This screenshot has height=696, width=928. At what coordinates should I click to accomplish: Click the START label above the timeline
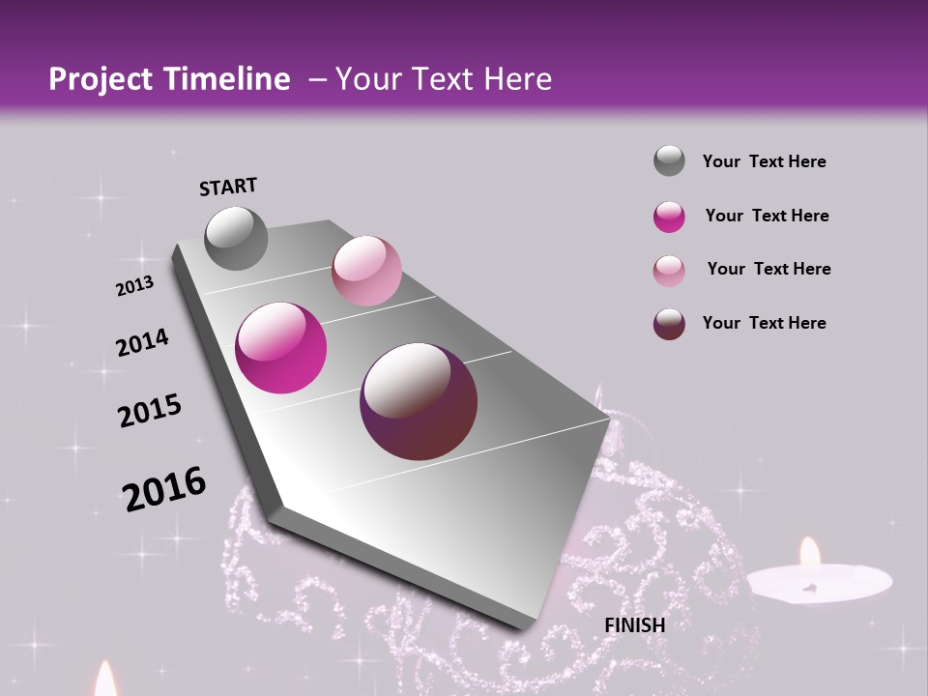228,187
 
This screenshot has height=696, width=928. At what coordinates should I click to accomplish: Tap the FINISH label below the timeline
634,625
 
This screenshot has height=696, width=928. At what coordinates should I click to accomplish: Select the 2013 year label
134,285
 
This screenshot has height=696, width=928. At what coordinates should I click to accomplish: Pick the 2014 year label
142,342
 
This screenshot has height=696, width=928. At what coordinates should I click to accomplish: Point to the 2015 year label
150,411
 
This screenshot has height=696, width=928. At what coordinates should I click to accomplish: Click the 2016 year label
164,489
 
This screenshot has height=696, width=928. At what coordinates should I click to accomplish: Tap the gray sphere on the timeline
236,238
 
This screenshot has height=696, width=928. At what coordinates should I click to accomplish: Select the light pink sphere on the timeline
366,271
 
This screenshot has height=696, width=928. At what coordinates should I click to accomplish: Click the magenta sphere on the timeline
281,348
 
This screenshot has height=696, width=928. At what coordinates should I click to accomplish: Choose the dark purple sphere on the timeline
419,401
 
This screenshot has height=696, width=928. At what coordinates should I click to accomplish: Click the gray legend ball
669,160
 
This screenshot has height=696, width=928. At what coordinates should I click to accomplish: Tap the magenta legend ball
669,217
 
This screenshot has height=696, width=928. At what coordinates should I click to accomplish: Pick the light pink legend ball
669,271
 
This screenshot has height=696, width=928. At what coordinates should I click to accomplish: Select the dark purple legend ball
669,324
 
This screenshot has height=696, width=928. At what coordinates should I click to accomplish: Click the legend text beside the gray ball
764,161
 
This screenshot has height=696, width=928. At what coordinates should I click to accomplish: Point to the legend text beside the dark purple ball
764,323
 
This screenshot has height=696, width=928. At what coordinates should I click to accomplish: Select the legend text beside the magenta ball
767,216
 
